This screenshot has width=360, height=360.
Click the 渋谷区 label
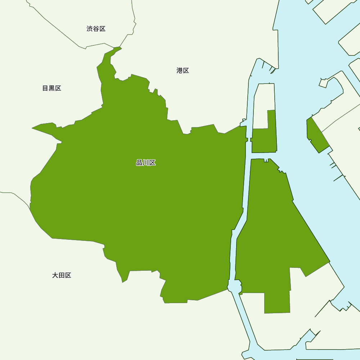click(x=96, y=29)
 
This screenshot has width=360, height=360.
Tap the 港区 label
click(x=183, y=71)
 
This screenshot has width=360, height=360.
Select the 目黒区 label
click(x=52, y=88)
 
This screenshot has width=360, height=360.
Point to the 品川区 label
click(x=146, y=163)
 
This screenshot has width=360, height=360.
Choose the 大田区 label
click(x=62, y=275)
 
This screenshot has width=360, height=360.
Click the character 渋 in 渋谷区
click(x=90, y=29)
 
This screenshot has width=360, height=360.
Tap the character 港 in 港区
click(x=180, y=71)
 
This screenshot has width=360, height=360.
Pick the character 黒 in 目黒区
click(x=52, y=88)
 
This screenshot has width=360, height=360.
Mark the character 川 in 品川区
click(x=146, y=163)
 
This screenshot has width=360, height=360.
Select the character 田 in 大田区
click(x=62, y=275)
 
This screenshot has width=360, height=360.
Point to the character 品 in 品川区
click(x=139, y=163)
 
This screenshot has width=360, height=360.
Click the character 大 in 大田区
click(x=55, y=275)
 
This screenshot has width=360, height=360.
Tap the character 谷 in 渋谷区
click(x=96, y=29)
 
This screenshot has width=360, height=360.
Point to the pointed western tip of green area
click(x=34, y=128)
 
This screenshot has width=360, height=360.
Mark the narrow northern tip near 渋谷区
click(x=117, y=49)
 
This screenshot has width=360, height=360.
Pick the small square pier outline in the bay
click(x=323, y=83)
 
